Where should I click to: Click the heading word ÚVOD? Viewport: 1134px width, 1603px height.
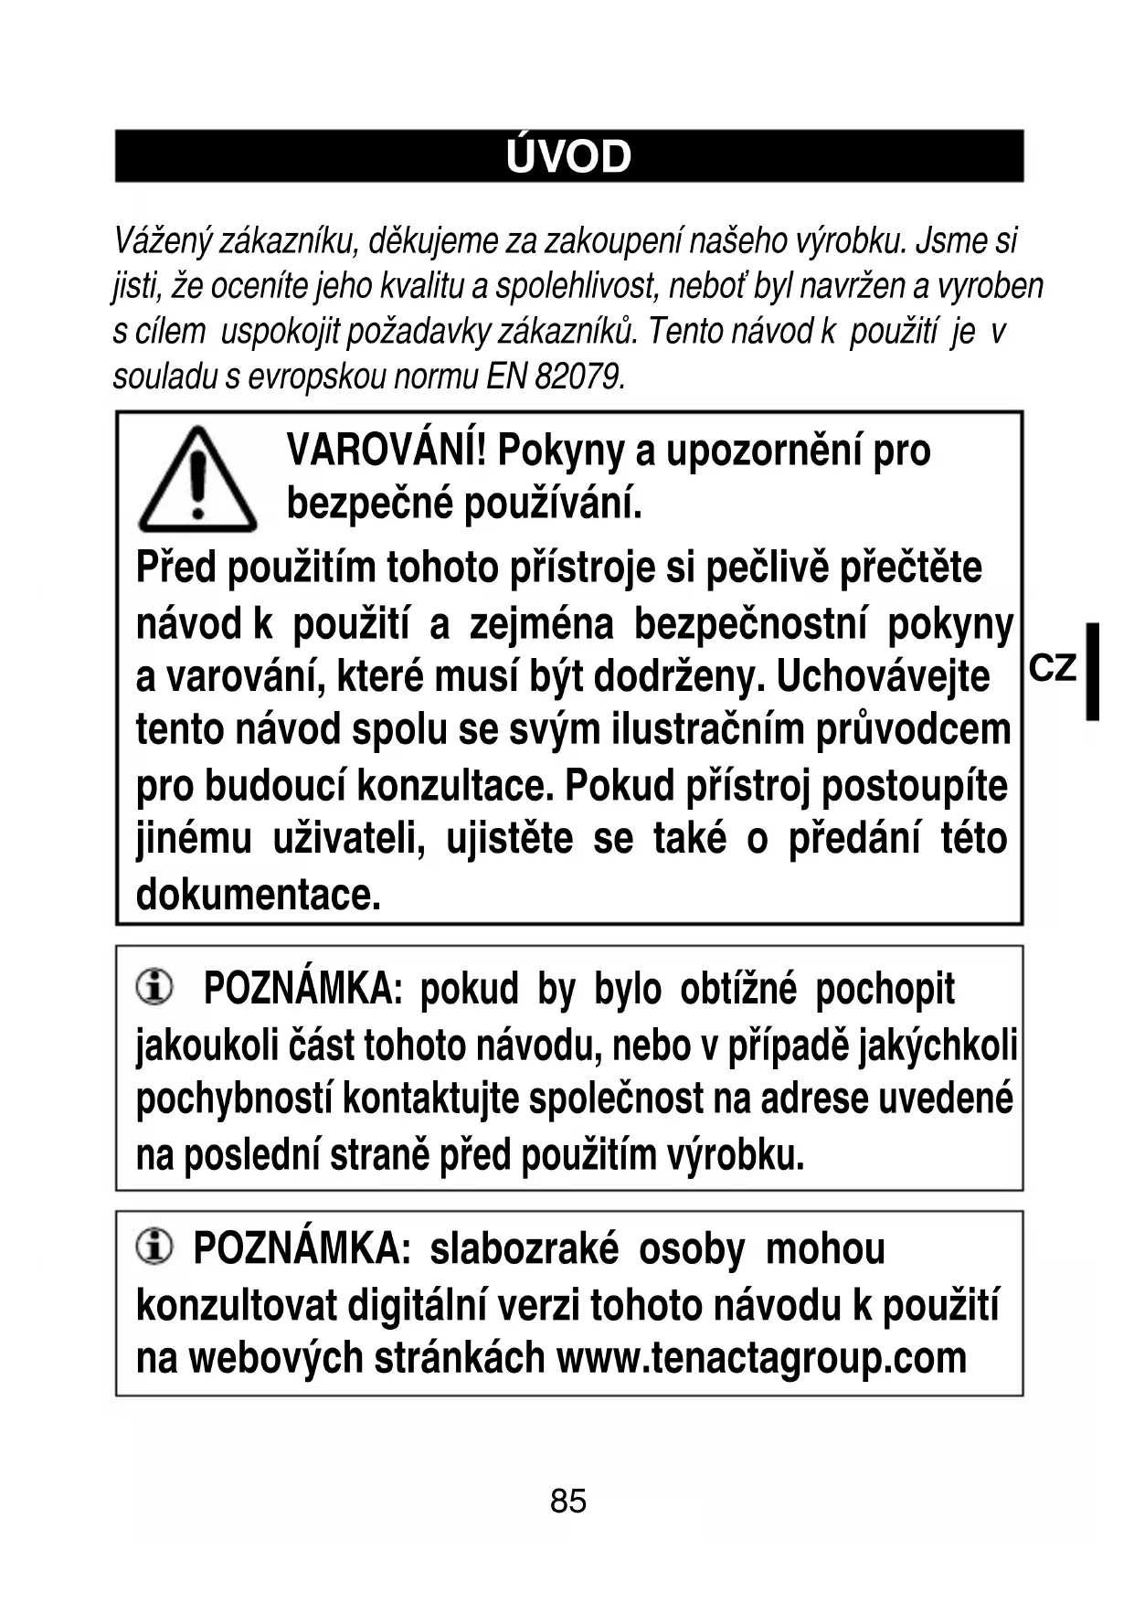point(567,157)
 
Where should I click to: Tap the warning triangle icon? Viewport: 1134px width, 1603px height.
point(197,481)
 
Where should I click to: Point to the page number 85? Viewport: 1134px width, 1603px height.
point(567,1501)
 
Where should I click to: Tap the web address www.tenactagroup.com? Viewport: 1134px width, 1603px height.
point(761,1358)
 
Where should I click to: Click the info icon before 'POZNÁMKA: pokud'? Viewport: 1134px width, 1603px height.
point(154,987)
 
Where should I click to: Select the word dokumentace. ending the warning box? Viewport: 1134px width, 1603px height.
point(258,894)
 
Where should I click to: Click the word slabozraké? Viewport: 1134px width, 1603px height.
point(524,1249)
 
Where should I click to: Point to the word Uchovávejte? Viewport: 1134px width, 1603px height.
point(883,677)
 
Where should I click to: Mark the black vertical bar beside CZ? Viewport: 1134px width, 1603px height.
point(1092,672)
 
